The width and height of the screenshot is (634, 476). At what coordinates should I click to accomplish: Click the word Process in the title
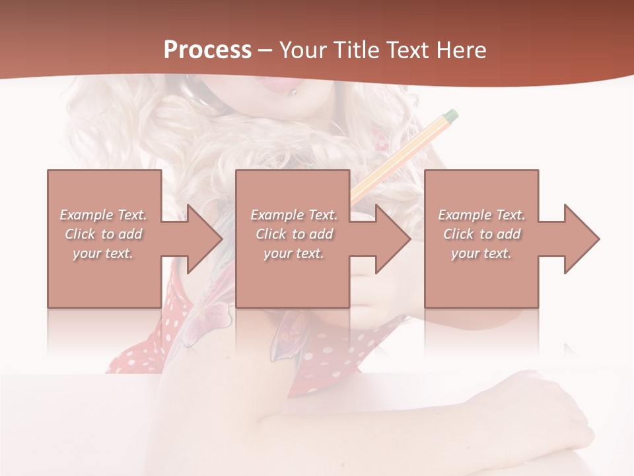pos(207,50)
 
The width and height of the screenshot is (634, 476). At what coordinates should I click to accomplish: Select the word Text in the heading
pos(407,50)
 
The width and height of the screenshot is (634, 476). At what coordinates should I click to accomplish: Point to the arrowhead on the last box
pos(581,239)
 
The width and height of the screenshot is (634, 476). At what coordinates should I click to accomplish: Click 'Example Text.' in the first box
pos(104,215)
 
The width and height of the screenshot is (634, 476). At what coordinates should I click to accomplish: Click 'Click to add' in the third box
pos(482,234)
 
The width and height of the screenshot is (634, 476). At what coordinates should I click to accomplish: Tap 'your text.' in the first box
pos(104,253)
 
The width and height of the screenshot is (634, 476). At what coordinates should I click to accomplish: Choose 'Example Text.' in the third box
pos(481,215)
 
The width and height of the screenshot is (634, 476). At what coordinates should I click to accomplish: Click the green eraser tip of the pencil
pos(450,116)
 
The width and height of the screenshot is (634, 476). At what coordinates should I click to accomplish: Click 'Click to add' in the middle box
pos(294,234)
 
